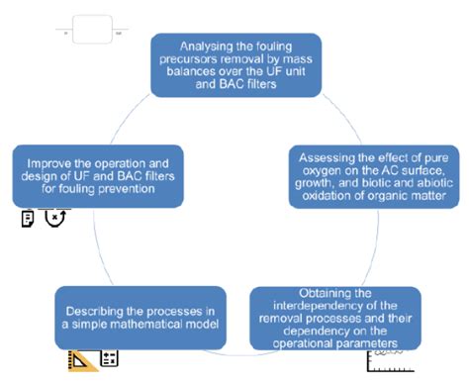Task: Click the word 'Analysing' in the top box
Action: pos(202,46)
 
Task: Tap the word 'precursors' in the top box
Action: pos(189,60)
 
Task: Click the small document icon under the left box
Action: pos(26,220)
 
